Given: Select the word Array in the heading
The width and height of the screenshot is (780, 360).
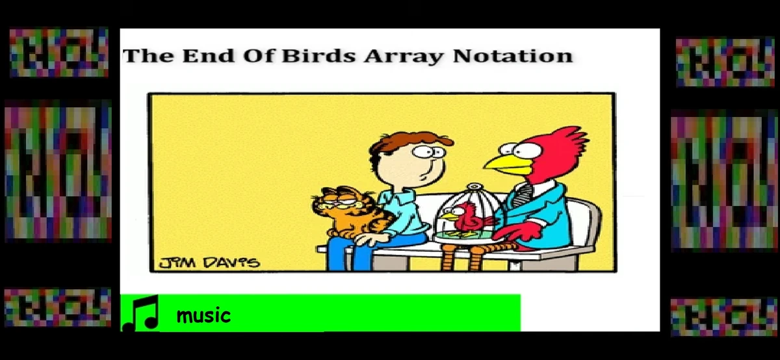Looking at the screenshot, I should coord(403,57).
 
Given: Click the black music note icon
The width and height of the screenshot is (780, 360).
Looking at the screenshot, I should coord(141,313).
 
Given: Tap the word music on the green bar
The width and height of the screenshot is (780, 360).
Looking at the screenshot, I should coord(203,316).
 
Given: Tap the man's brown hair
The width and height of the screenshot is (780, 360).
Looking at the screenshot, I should coord(403,139).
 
